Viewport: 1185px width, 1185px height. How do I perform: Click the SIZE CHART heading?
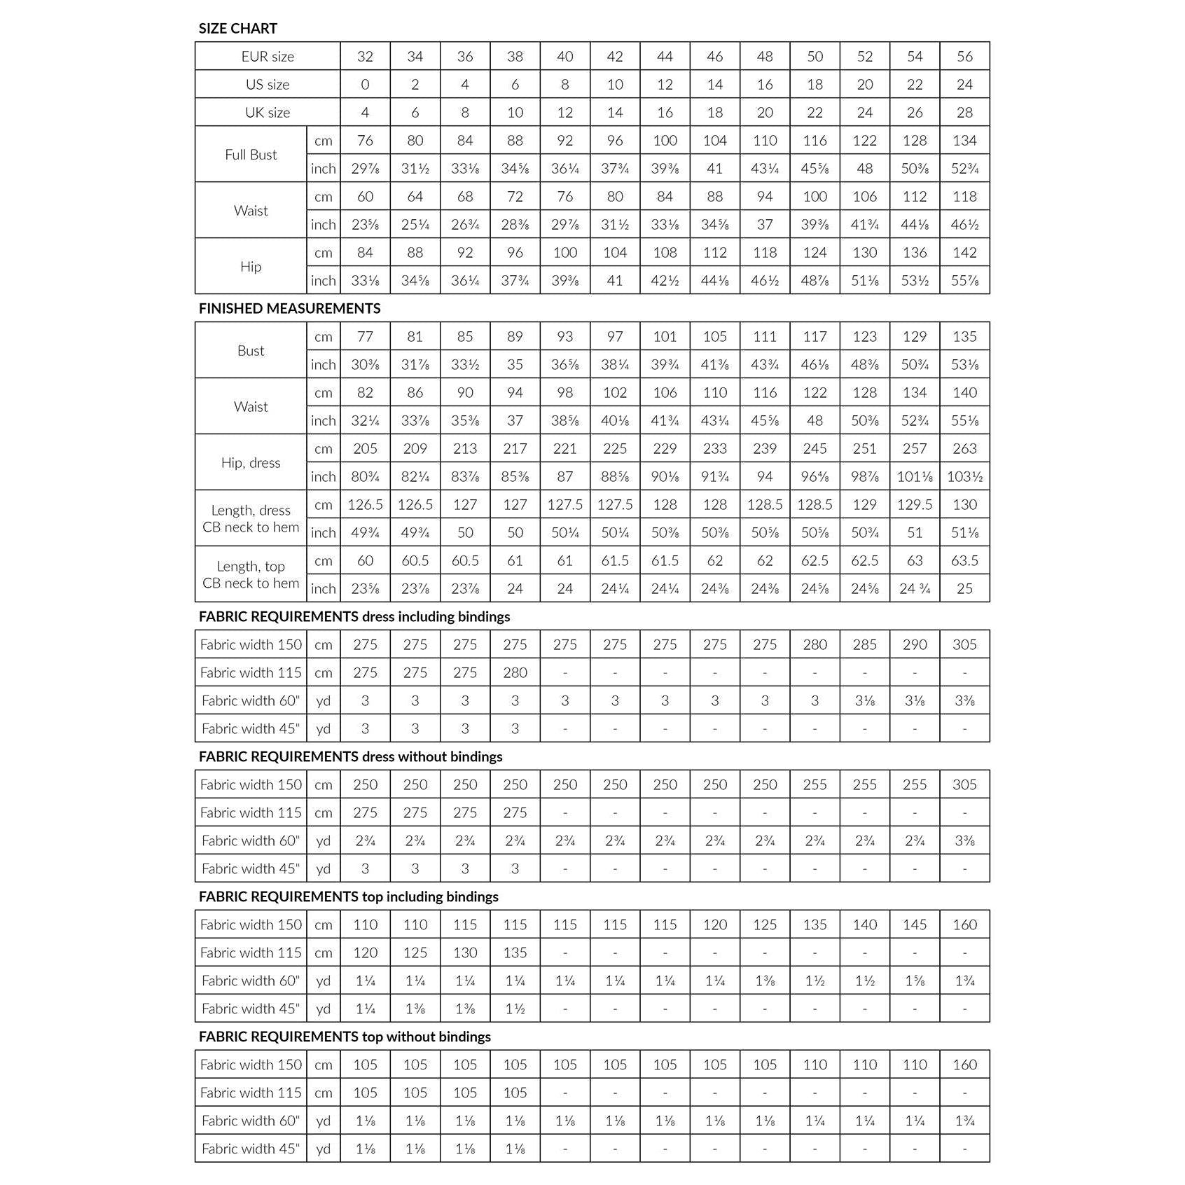(x=237, y=28)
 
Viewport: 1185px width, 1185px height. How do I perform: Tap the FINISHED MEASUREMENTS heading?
(x=289, y=308)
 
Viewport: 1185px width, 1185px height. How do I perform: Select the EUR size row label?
(x=268, y=56)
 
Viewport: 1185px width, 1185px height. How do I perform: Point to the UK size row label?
(x=268, y=112)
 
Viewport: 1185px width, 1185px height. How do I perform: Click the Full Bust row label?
(x=251, y=154)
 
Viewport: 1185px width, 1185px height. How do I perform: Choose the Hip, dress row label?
(x=251, y=462)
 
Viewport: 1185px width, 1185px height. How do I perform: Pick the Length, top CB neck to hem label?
(x=251, y=574)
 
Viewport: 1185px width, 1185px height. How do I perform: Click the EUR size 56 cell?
(x=964, y=56)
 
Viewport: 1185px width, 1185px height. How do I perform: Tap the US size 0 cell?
(x=365, y=84)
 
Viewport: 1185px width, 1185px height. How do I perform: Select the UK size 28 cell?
(x=964, y=112)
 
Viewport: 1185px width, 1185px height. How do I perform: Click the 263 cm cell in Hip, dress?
(x=964, y=448)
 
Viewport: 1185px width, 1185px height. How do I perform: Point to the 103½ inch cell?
(x=964, y=476)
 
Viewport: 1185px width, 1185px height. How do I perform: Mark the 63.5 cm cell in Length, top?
(x=964, y=560)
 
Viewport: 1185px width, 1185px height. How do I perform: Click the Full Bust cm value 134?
(x=964, y=140)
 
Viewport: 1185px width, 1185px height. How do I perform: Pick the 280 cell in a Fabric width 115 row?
(x=515, y=672)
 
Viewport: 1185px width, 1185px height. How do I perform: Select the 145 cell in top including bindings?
(x=915, y=924)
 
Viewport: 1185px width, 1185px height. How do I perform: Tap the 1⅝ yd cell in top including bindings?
(x=915, y=980)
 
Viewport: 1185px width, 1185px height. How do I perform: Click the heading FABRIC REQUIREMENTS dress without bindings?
(x=350, y=756)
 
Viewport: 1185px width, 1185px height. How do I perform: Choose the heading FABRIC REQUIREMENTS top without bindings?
(x=345, y=1037)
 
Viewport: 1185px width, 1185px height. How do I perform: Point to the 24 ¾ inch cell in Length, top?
(x=915, y=588)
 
